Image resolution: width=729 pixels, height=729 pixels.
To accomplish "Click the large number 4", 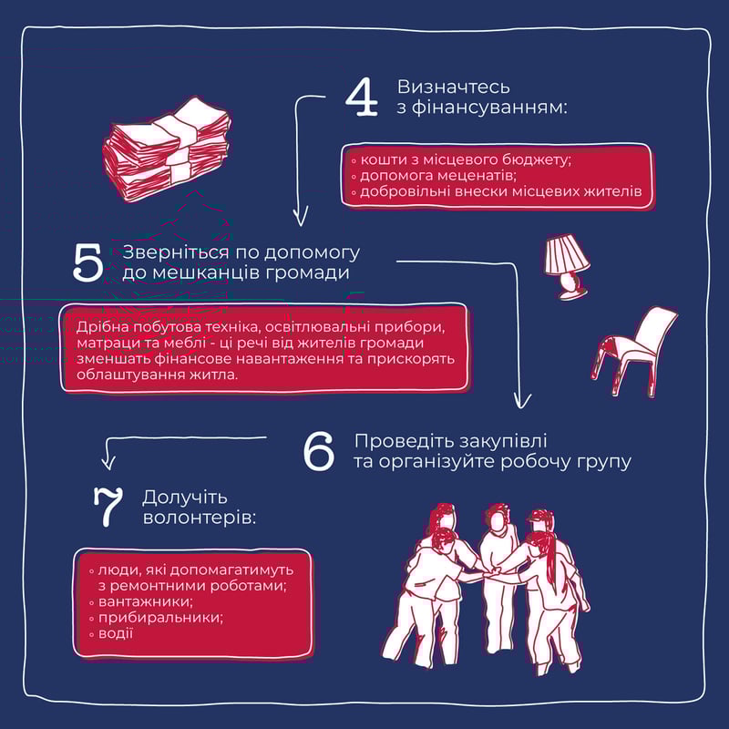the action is tap(362, 97).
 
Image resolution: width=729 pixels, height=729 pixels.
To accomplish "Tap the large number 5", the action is tap(87, 262).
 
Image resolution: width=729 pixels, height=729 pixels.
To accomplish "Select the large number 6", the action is tap(318, 451).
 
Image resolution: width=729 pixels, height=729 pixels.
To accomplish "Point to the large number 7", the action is tap(108, 507).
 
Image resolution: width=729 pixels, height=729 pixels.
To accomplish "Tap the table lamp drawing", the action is tap(567, 266).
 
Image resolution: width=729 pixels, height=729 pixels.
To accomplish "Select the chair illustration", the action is tap(634, 351).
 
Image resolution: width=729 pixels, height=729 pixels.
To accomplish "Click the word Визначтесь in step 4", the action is tap(453, 87).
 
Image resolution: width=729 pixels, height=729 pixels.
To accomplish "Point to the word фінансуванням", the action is tap(488, 108).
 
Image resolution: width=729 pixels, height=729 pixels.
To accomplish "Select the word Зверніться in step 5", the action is tap(176, 252).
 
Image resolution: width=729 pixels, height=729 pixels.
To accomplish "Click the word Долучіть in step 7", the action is tap(185, 497).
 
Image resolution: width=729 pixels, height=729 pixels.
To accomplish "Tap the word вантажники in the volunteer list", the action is tap(145, 601).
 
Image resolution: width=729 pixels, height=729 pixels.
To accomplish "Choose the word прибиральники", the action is tap(159, 618).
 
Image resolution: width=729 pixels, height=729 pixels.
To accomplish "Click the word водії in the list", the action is tap(116, 633).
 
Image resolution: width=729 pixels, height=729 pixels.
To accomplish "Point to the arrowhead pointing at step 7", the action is tap(108, 462).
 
